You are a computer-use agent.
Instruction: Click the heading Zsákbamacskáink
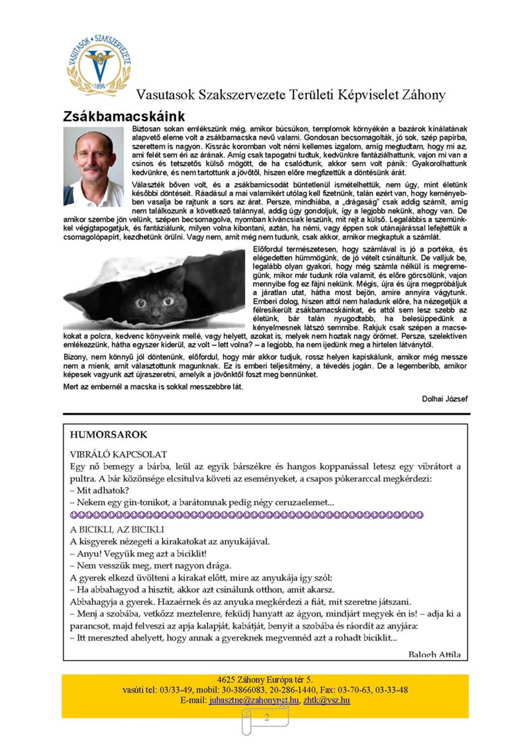(124, 116)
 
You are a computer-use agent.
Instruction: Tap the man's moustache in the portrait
(92, 168)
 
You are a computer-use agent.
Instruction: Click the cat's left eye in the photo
(141, 302)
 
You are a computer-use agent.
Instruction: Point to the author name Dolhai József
(444, 399)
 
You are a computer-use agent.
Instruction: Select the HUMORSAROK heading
(108, 435)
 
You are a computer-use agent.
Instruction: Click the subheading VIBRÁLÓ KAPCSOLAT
(118, 454)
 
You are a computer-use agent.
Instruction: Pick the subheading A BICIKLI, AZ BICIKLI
(117, 530)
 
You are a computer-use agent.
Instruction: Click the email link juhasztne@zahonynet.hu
(254, 700)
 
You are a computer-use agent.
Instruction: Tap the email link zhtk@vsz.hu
(326, 700)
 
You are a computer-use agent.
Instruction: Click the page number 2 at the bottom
(267, 717)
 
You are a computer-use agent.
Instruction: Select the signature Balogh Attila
(434, 654)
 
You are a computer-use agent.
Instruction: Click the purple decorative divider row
(247, 515)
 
